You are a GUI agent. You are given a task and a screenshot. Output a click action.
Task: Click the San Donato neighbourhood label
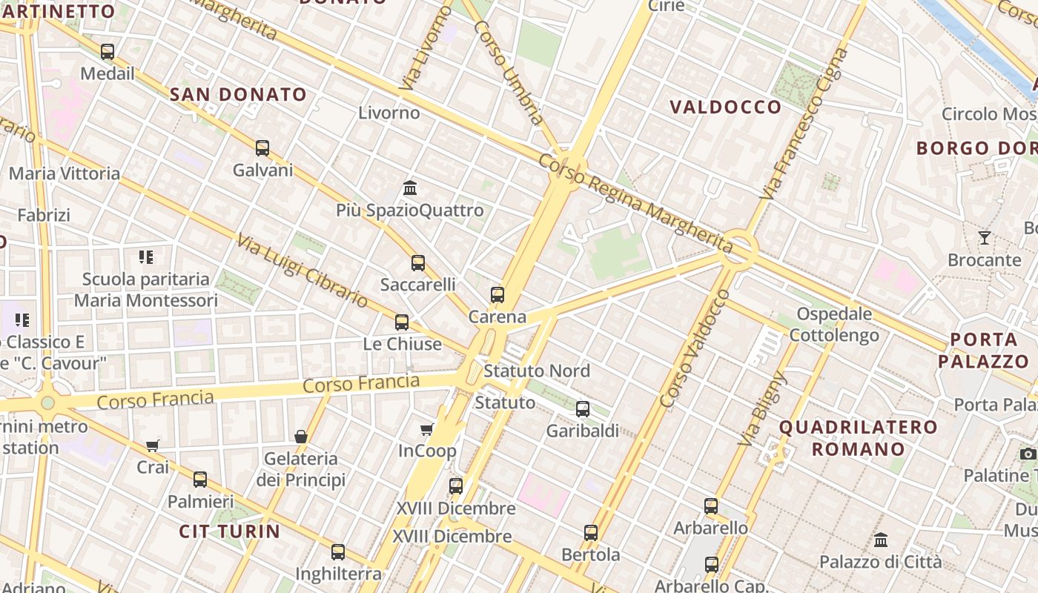[x=238, y=94]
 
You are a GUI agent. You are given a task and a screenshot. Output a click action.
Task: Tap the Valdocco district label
[x=726, y=107]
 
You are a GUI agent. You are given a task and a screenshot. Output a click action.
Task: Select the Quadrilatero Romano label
[x=859, y=438]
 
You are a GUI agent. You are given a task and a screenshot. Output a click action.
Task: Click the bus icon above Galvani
[x=262, y=148]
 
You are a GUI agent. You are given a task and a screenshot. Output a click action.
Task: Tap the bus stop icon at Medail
[x=108, y=52]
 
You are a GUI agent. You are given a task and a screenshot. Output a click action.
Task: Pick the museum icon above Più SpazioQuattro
[x=410, y=188]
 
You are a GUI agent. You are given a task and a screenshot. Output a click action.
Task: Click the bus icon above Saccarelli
[x=418, y=263]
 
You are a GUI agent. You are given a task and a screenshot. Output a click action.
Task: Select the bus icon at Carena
[x=497, y=295]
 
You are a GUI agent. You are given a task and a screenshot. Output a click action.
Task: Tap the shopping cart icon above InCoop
[x=427, y=430]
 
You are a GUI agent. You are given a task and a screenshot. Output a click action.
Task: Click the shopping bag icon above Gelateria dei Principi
[x=301, y=437]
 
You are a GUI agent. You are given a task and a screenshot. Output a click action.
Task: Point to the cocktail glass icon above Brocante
[x=985, y=238]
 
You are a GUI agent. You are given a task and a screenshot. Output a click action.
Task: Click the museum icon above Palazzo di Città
[x=881, y=540]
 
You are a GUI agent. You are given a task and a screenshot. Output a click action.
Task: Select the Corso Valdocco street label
[x=694, y=349]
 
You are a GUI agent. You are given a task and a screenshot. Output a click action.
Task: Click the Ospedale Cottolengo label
[x=834, y=324]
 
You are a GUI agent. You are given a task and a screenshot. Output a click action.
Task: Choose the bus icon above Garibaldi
[x=583, y=408]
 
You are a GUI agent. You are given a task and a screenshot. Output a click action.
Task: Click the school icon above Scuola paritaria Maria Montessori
[x=146, y=257]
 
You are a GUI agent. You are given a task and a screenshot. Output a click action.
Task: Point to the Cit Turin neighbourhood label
[x=230, y=531]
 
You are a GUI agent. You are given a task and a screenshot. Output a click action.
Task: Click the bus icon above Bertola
[x=591, y=533]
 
